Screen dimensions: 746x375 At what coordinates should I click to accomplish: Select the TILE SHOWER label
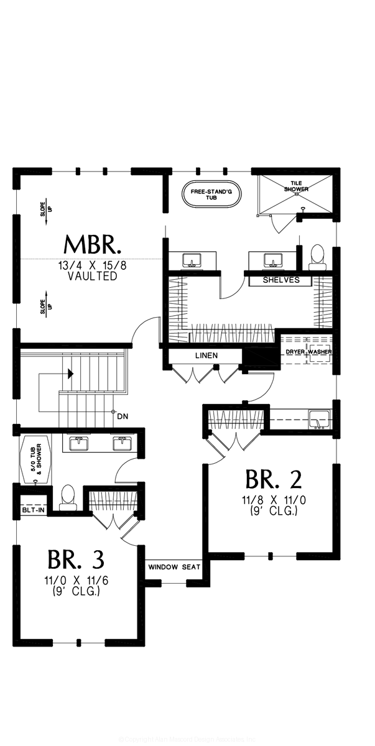tap(296, 186)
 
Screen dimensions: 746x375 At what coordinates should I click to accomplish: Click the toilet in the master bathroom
tap(317, 256)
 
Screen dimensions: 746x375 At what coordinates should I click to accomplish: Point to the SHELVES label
tap(281, 280)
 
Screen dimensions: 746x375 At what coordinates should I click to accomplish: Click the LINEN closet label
tap(206, 356)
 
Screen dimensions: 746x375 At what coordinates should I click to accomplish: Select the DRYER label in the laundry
tap(294, 352)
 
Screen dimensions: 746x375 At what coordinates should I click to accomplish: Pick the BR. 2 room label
tap(274, 480)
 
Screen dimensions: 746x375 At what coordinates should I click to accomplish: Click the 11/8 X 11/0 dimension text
tap(273, 500)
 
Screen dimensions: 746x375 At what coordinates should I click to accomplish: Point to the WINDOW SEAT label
tap(174, 567)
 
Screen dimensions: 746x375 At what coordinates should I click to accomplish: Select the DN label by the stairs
tap(123, 417)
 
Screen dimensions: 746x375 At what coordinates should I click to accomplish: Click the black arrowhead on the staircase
tap(71, 374)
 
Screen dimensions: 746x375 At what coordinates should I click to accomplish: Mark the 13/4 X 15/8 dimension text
tap(93, 265)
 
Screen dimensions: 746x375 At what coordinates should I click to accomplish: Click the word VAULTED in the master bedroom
tap(93, 276)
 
